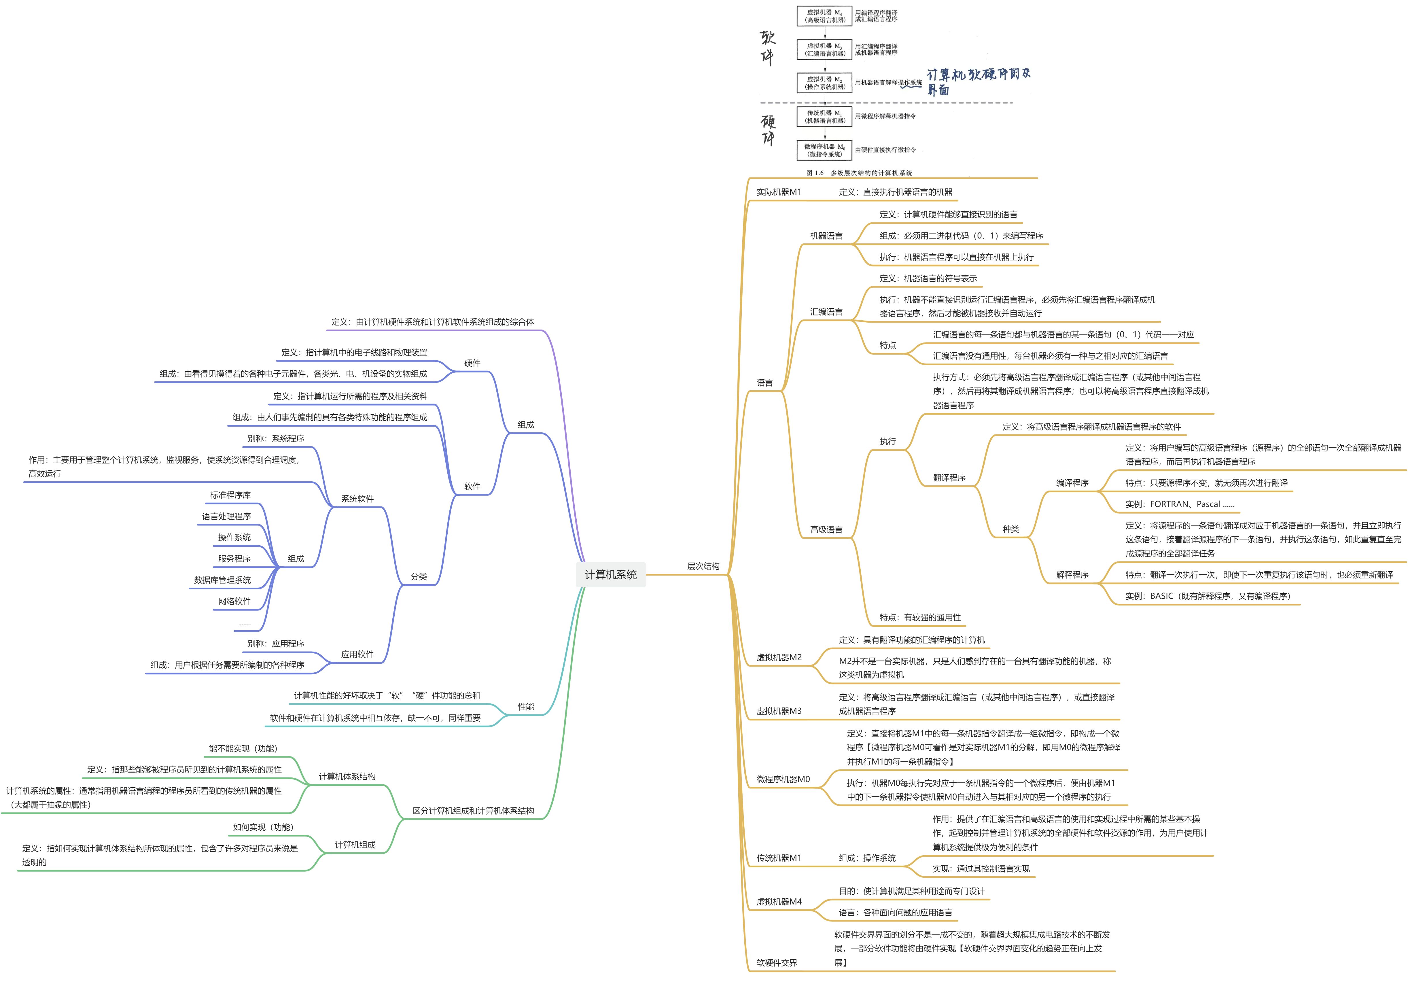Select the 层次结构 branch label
pos(703,566)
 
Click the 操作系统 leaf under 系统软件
pos(234,537)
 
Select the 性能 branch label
pos(525,706)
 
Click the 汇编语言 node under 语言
pos(826,311)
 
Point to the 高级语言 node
pos(826,529)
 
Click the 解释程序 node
pos(1072,574)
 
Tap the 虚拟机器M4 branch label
pos(779,901)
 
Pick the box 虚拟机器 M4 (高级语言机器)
pos(825,16)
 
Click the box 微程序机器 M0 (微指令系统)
pos(825,150)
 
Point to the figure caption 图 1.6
pos(858,173)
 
